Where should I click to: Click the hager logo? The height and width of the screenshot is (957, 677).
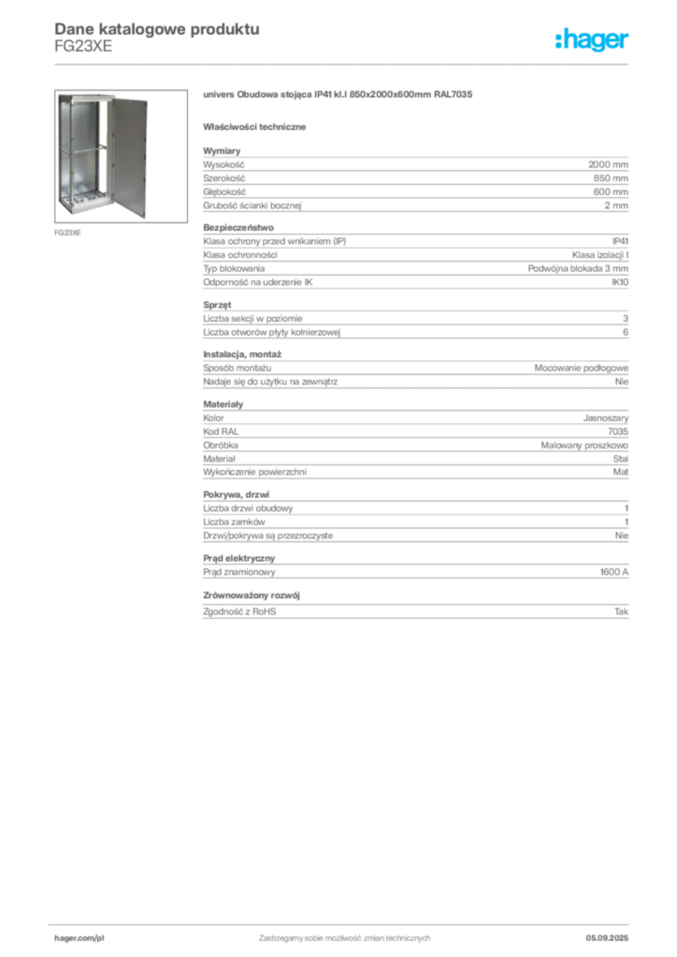click(591, 39)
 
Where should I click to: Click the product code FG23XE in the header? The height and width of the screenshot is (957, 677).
click(83, 47)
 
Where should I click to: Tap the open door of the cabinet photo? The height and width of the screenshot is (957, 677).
click(128, 157)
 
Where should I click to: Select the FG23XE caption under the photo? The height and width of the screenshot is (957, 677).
click(67, 233)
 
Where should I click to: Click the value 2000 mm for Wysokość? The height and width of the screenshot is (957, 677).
click(608, 164)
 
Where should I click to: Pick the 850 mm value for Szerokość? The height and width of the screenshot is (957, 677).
click(611, 179)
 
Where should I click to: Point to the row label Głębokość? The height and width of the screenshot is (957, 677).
click(224, 192)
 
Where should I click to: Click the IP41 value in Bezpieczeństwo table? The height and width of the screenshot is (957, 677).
click(620, 241)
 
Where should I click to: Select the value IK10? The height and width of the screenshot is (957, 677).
click(620, 282)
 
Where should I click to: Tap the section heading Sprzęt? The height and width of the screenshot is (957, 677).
click(217, 305)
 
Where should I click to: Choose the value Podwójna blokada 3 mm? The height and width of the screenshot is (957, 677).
click(578, 268)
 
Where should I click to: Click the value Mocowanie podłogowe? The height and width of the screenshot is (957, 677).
click(582, 368)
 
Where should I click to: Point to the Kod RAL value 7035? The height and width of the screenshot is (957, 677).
click(618, 432)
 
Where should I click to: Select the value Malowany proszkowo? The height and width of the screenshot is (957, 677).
click(584, 446)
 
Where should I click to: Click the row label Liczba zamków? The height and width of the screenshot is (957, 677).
click(234, 521)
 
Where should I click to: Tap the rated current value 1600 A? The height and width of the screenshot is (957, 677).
click(614, 572)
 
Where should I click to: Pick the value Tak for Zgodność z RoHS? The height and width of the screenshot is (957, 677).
click(622, 611)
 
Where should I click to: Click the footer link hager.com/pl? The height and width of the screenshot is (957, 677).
click(79, 938)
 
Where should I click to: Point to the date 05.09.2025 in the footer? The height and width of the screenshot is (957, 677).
click(607, 938)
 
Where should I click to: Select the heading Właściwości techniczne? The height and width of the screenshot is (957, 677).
click(254, 127)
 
